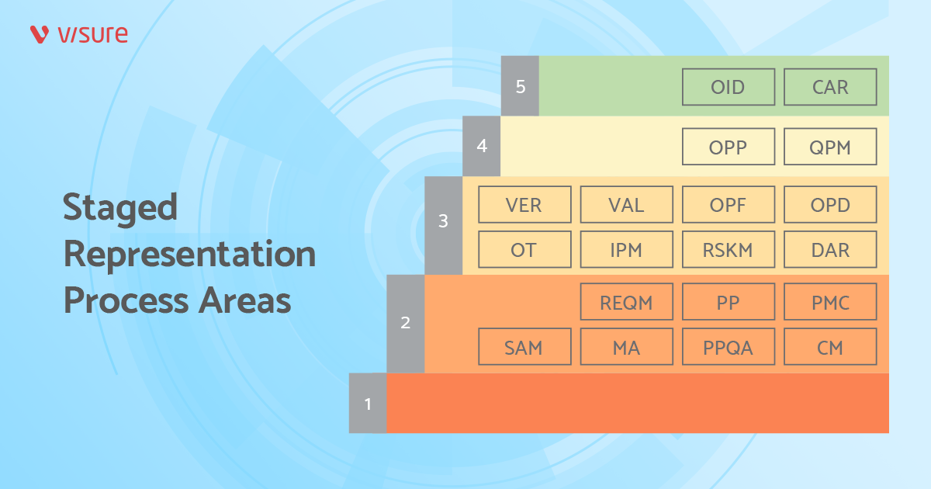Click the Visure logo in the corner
[x=79, y=34]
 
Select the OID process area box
[x=729, y=87]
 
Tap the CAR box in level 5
[x=830, y=87]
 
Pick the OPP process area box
[x=729, y=147]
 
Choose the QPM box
[x=830, y=147]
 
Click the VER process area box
[x=524, y=205]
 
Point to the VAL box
[x=626, y=205]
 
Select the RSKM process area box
[x=729, y=250]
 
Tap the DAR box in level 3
[x=830, y=250]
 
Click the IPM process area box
[x=626, y=250]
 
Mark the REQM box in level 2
[x=626, y=302]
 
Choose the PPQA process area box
[x=729, y=347]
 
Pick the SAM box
[x=524, y=347]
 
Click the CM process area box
[x=830, y=347]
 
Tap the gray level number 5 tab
[x=521, y=86]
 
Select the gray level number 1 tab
[x=368, y=404]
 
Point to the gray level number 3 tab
[x=444, y=221]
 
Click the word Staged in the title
[x=120, y=208]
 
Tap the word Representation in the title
[x=190, y=254]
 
